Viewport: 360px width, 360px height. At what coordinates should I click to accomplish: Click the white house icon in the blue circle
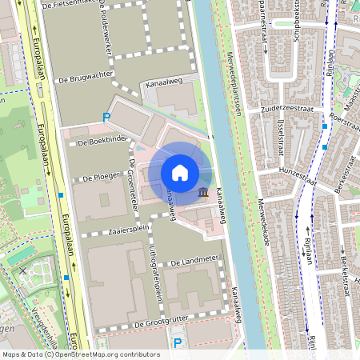180,172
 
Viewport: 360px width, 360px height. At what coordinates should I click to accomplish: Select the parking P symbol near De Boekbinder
106,118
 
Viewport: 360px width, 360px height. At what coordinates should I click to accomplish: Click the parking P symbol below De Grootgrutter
178,342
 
